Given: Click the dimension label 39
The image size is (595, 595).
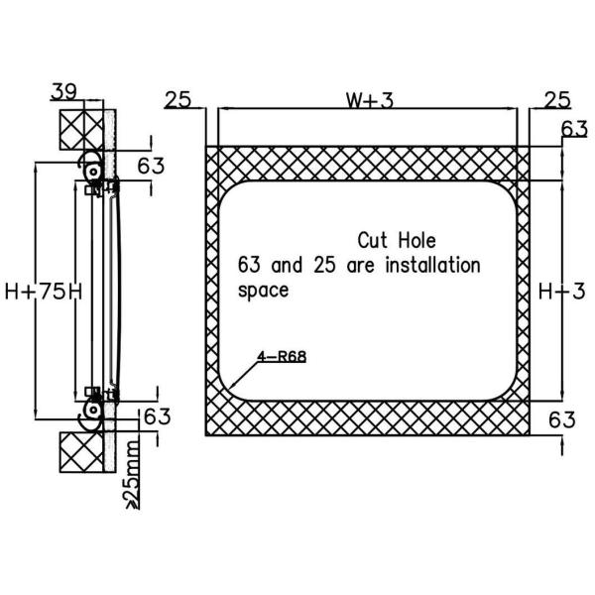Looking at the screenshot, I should point(64,92).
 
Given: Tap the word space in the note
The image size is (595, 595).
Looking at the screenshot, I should point(263,291).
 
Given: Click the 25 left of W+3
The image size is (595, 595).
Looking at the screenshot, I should point(178,99).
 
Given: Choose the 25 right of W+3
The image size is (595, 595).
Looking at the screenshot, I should point(556,99).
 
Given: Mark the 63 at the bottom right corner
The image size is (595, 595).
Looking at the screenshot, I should point(561,418).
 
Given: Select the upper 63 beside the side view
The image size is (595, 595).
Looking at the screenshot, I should point(151,165).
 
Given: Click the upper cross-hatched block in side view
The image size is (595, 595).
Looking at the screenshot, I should point(81,128).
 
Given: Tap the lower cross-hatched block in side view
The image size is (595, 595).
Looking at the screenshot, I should point(81,451).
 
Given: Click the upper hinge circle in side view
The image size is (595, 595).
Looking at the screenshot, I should point(92,171).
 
